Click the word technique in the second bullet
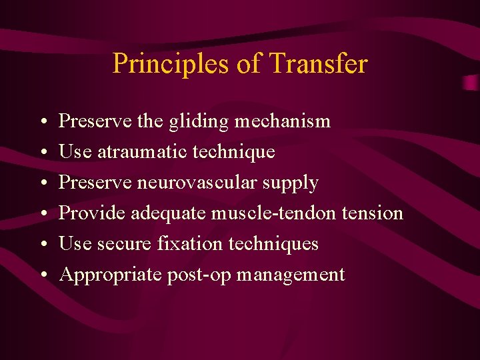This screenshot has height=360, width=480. [233, 152]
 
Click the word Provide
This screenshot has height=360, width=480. [92, 213]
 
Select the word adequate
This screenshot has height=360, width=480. [169, 214]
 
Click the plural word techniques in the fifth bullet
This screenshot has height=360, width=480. [273, 244]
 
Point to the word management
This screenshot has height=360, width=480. [291, 275]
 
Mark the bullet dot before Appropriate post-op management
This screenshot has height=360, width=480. [43, 275]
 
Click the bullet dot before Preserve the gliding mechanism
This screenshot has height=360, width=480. [43, 122]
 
